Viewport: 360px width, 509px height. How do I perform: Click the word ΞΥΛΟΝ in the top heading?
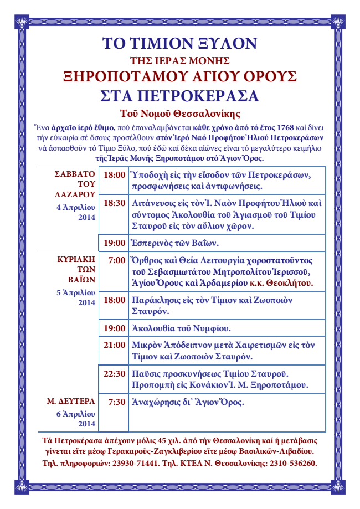(x=224, y=43)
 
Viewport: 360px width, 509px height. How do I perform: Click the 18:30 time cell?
(x=115, y=204)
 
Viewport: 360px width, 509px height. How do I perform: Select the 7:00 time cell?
(x=116, y=260)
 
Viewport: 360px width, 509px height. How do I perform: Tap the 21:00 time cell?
(x=115, y=345)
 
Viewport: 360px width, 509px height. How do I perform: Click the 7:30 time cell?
(x=116, y=403)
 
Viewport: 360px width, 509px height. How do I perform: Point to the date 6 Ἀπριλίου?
(x=76, y=414)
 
